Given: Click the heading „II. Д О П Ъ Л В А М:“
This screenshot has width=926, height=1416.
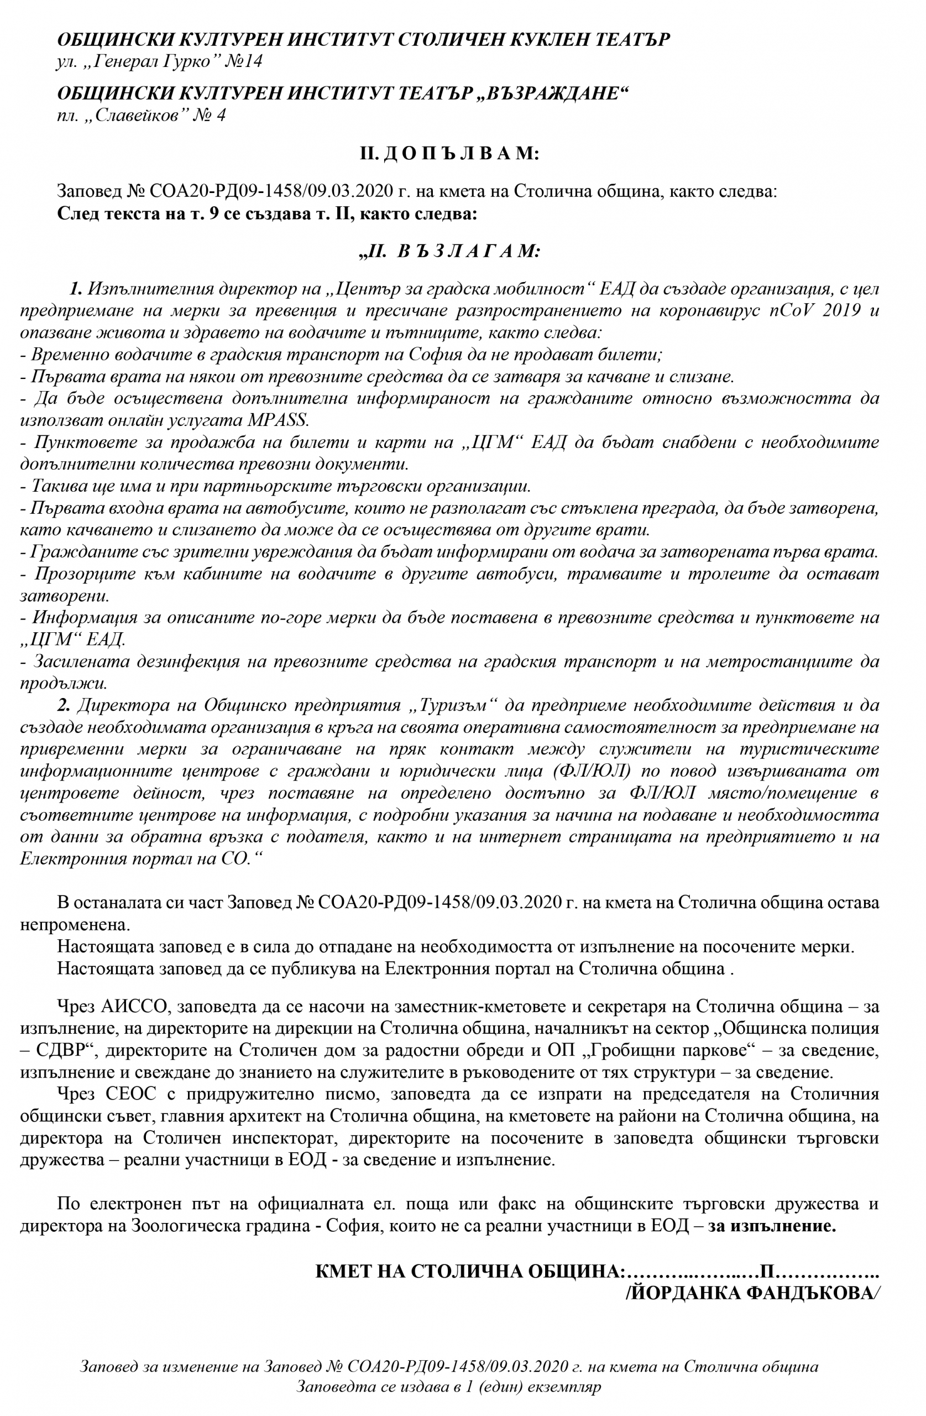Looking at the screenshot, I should coord(449,154).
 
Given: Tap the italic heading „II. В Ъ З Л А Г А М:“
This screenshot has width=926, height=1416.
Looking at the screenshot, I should coord(449,251).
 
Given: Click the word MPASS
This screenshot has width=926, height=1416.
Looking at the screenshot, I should coord(277,420).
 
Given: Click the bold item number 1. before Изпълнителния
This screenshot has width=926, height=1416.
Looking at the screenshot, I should coord(76,289).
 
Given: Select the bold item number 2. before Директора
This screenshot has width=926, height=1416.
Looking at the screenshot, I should coord(64,706).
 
